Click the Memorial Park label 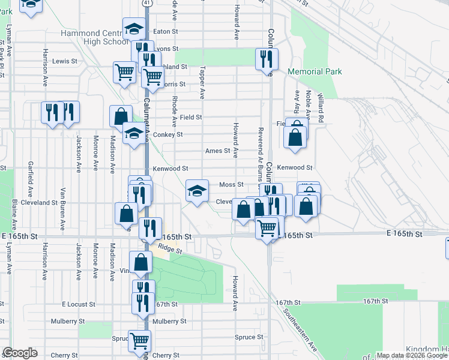click(x=315, y=71)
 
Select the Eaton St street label click(x=166, y=31)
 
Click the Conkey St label click(x=167, y=134)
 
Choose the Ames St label click(x=217, y=151)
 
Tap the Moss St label click(x=231, y=185)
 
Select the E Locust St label click(x=78, y=304)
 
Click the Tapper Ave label click(x=202, y=82)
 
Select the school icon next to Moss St click(x=196, y=191)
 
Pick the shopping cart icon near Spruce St click(x=140, y=341)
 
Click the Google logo click(x=20, y=353)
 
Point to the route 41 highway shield click(x=147, y=4)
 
